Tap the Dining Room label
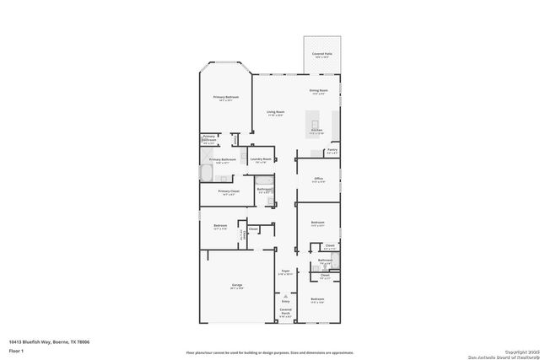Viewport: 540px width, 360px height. pos(318,90)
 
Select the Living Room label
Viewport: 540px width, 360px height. pos(275,112)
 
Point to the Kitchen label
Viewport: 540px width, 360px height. pos(316,131)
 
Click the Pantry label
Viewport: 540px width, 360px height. pos(332,152)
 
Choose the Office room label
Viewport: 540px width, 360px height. pos(318,179)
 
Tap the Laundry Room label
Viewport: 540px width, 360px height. pos(261,159)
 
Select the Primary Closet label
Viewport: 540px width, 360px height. pos(228,191)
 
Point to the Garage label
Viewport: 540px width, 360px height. pos(237,286)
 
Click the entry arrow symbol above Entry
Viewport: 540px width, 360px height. pos(285,295)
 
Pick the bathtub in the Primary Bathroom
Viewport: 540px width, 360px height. pos(207,174)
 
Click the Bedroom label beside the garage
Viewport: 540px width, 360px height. pos(220,226)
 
